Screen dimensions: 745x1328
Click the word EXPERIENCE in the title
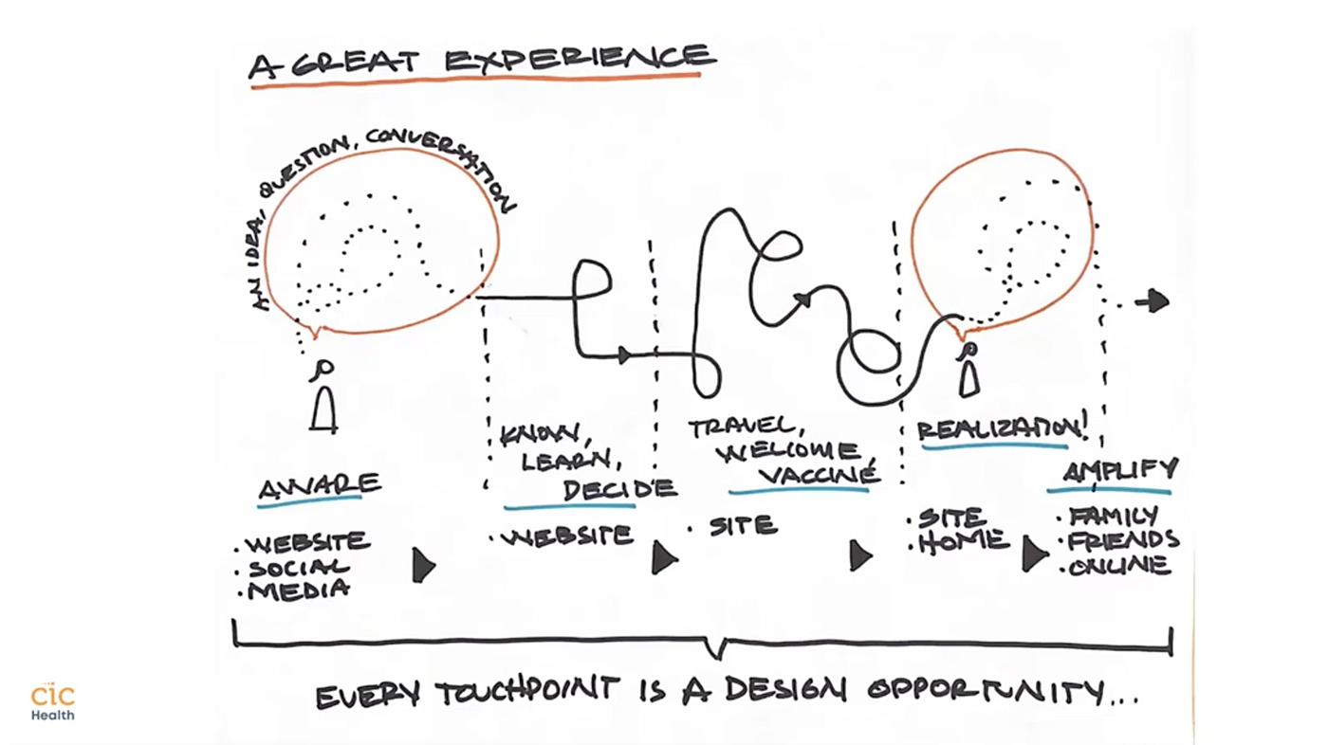tap(580, 60)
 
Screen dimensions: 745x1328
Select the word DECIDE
tap(619, 489)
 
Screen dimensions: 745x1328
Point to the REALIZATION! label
tap(1001, 429)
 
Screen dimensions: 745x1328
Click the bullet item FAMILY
tap(1114, 517)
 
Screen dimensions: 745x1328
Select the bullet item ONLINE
tap(1119, 567)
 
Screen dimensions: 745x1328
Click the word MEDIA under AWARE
tap(298, 591)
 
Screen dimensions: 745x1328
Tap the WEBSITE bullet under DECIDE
tap(567, 537)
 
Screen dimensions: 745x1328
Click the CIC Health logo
tap(52, 702)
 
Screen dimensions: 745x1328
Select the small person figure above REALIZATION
tap(968, 372)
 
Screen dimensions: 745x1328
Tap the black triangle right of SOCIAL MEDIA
tap(423, 565)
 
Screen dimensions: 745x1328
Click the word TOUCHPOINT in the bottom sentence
tap(527, 694)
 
